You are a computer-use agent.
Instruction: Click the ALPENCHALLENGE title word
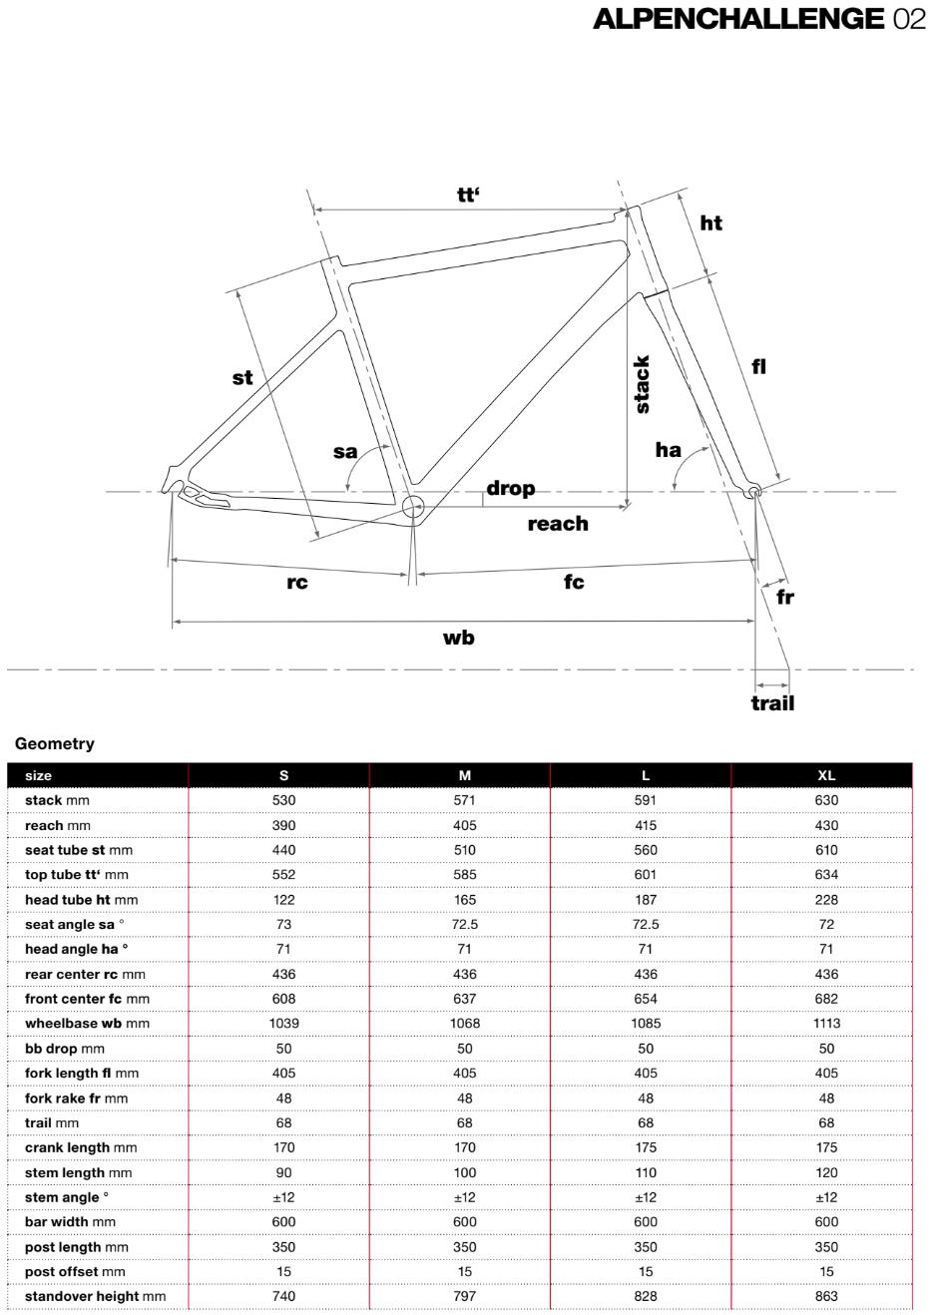[x=738, y=18]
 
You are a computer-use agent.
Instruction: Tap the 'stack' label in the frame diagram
[x=642, y=384]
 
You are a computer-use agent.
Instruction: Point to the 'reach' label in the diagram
[x=558, y=524]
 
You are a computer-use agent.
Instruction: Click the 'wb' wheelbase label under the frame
[x=459, y=638]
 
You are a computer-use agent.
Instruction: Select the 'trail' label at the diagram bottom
[x=772, y=703]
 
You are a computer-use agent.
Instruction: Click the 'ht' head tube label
[x=710, y=222]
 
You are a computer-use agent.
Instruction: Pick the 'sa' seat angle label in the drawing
[x=345, y=452]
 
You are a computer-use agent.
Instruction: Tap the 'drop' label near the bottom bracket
[x=511, y=488]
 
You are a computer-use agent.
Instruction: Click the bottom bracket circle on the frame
[x=412, y=507]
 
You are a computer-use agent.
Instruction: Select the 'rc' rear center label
[x=297, y=582]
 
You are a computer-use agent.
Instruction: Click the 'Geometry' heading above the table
[x=55, y=743]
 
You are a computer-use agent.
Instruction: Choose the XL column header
[x=826, y=775]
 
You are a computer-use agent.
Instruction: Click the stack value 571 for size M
[x=465, y=800]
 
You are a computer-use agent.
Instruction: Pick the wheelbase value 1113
[x=826, y=1023]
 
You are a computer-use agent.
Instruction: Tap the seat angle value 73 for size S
[x=284, y=924]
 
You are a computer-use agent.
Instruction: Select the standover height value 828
[x=646, y=1296]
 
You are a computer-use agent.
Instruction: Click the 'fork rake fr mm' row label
[x=76, y=1097]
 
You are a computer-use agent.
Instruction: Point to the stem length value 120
[x=826, y=1172]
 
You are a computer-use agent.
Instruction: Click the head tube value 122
[x=284, y=899]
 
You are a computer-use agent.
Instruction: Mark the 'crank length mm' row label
[x=81, y=1147]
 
